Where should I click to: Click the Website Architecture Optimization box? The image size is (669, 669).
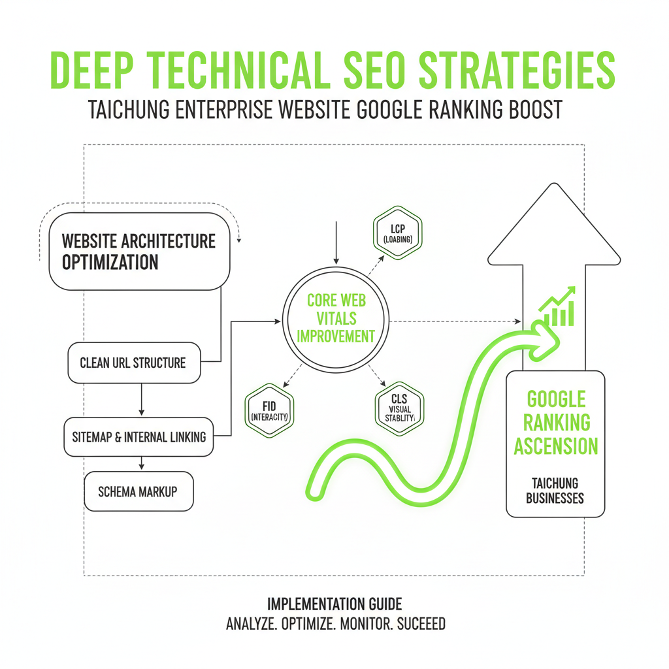click(x=140, y=251)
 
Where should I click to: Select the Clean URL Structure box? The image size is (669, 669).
click(x=134, y=362)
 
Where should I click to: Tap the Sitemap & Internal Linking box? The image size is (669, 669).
click(x=139, y=436)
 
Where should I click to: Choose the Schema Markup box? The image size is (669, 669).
click(x=139, y=491)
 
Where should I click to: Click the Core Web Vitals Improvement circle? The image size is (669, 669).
click(x=336, y=318)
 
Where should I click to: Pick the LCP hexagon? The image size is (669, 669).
click(x=397, y=234)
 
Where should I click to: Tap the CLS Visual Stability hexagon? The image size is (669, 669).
click(x=399, y=409)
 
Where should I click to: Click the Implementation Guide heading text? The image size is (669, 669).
click(x=334, y=604)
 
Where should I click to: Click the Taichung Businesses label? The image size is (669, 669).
click(x=555, y=491)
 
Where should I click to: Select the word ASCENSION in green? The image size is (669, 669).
click(x=555, y=446)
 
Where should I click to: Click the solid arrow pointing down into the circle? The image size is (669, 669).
click(x=336, y=245)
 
